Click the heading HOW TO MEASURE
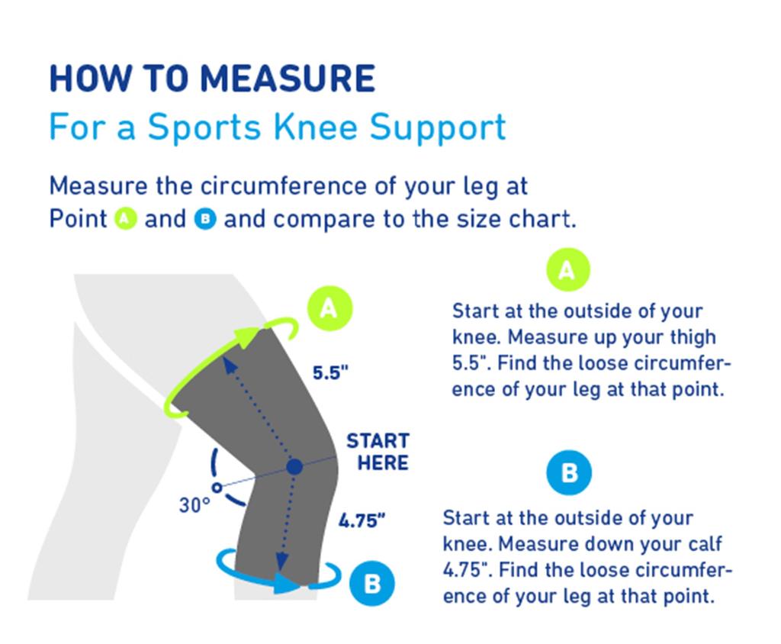tap(212, 79)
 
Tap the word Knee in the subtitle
tap(323, 127)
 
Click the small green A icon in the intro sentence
tap(126, 220)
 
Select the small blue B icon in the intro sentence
tap(205, 220)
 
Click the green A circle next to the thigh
tap(329, 308)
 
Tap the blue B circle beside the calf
tap(371, 584)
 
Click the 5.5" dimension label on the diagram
tap(330, 373)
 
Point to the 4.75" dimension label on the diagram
tap(362, 522)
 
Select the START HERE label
tap(378, 452)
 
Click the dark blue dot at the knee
tap(294, 466)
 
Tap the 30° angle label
tap(194, 505)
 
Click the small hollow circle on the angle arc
tap(217, 485)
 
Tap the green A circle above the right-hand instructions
tap(567, 269)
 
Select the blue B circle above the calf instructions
tap(569, 473)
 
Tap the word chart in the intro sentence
tap(539, 220)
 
